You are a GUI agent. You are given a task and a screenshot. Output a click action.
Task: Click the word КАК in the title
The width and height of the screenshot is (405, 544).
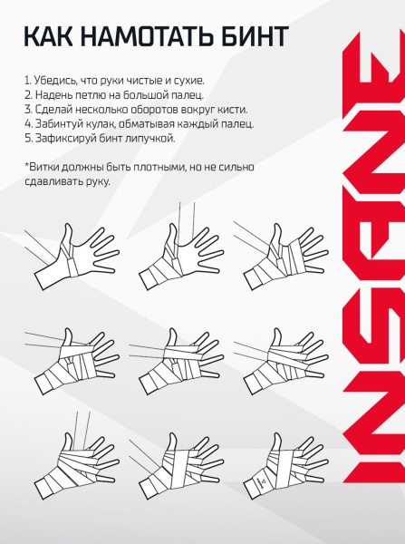49,35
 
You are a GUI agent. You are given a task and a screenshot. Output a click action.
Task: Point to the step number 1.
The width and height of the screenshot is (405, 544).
26,81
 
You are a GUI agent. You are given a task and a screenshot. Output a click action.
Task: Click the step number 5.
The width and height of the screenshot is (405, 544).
28,138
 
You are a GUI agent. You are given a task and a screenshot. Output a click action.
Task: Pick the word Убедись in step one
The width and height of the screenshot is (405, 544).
55,80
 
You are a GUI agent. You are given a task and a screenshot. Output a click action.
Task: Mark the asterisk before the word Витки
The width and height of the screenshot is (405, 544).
26,164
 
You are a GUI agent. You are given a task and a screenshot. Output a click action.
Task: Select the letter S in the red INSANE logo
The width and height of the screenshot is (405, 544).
374,358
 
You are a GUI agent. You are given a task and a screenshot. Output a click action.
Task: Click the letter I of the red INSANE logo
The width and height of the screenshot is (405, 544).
374,470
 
